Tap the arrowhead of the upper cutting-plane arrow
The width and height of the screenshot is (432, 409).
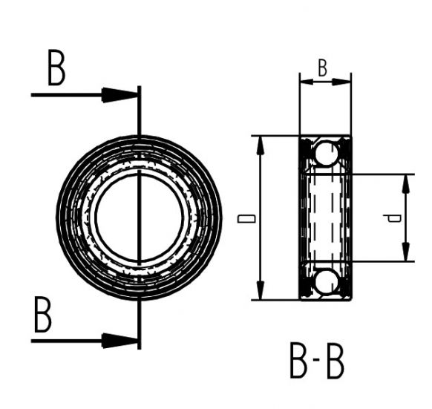(x=120, y=94)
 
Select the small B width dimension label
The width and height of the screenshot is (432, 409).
(x=323, y=68)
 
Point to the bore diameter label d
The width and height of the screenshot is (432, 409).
(x=394, y=218)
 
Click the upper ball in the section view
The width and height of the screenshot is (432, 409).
(x=324, y=154)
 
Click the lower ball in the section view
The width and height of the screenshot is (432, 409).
(x=324, y=281)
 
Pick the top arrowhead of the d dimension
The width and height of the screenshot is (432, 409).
(x=407, y=182)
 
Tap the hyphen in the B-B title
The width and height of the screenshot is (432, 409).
(x=316, y=362)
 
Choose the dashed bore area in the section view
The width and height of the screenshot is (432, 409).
(x=324, y=217)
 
